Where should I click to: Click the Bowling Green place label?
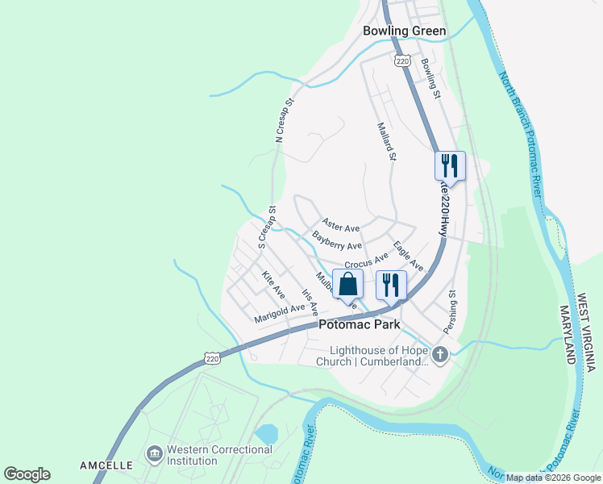[404, 31]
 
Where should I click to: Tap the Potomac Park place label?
[359, 324]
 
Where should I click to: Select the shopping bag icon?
[347, 285]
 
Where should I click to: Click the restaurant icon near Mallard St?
[450, 166]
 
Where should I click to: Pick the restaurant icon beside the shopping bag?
[391, 285]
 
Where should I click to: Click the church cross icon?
[440, 353]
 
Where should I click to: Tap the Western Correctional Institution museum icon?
[154, 455]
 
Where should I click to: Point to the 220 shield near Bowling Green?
[402, 61]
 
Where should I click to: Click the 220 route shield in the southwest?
[212, 358]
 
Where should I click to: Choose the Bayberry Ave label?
[336, 240]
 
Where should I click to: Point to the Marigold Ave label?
[280, 313]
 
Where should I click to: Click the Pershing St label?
[449, 312]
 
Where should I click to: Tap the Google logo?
[27, 474]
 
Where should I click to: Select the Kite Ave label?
[273, 284]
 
